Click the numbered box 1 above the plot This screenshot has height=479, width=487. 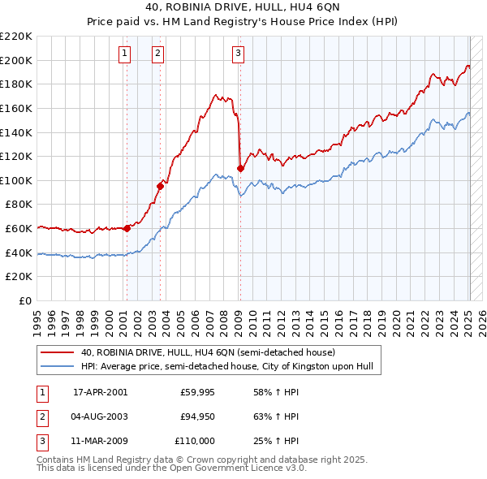pos(125,54)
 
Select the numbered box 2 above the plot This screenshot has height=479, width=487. pos(157,54)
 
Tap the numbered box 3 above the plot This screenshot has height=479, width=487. pos(238,54)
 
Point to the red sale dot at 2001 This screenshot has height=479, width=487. pos(127,228)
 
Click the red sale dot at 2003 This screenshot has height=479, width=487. pos(160,186)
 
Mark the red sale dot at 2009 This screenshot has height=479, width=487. pos(240,168)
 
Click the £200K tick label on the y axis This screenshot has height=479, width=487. pos(17,60)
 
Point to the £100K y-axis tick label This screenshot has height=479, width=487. pos(17,180)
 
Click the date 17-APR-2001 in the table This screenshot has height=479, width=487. pos(100,392)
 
